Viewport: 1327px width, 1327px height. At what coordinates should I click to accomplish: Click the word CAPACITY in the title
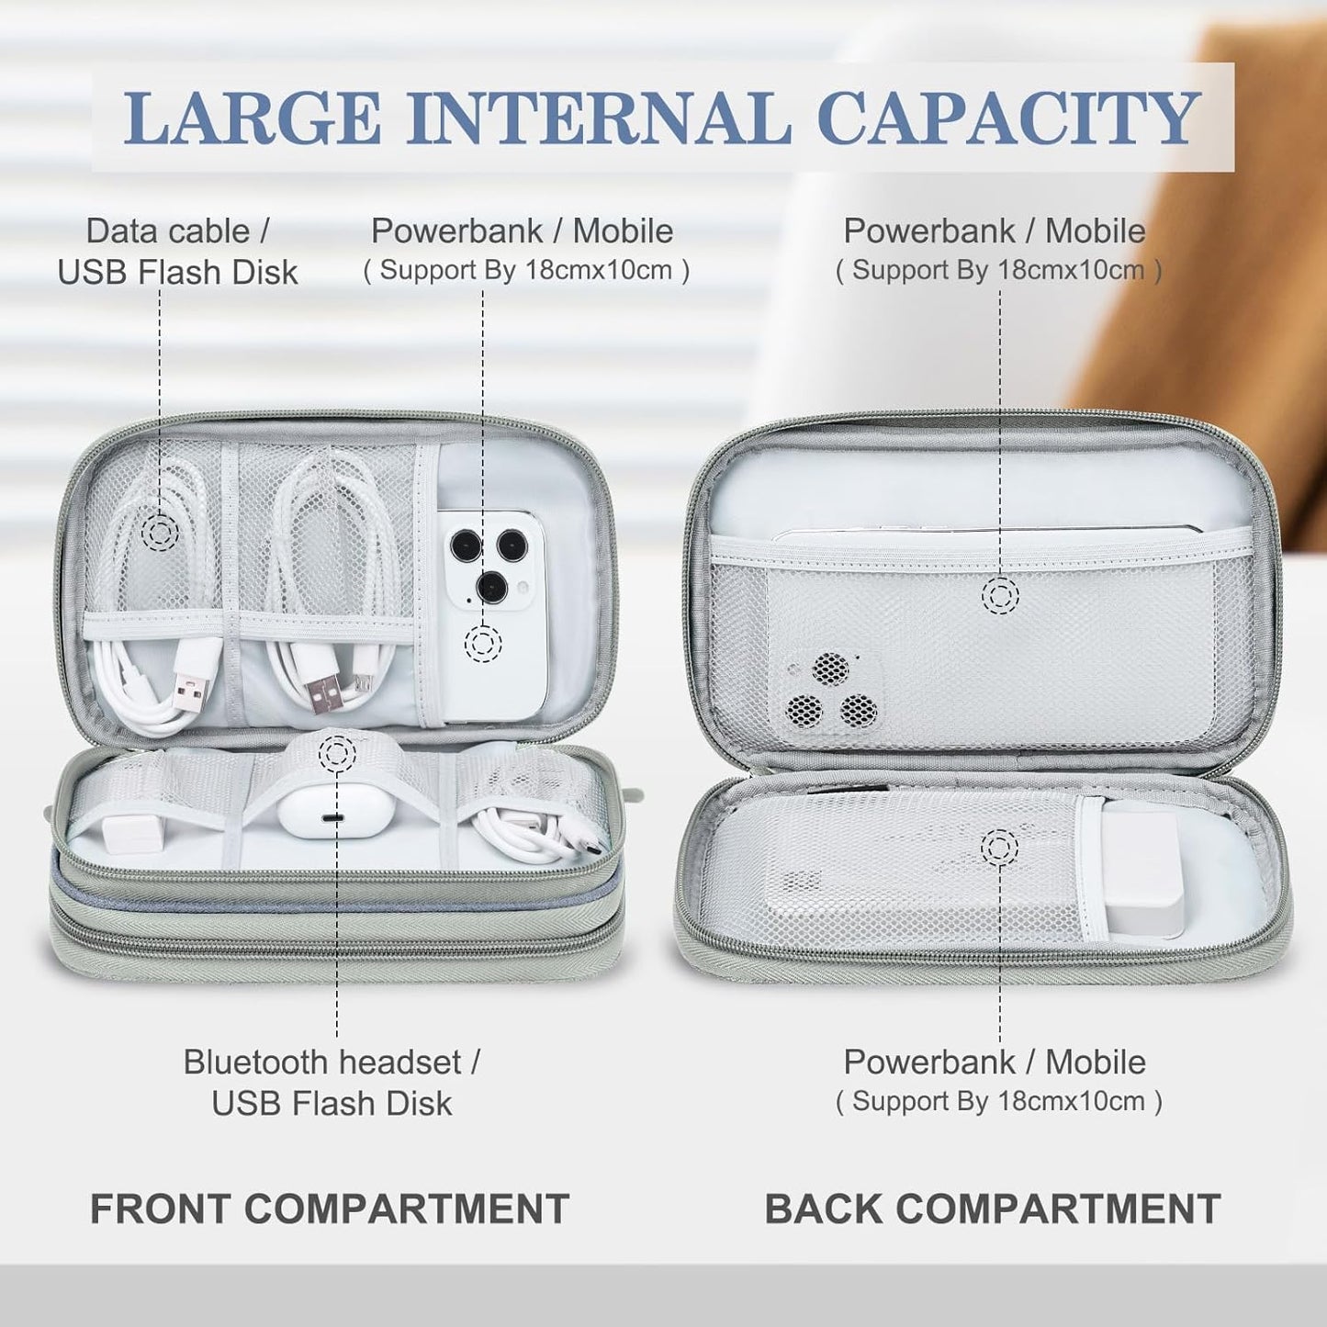[1007, 118]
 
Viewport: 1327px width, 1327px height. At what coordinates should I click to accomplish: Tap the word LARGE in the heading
[253, 118]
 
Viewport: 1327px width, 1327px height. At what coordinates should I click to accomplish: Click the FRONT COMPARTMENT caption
[329, 1209]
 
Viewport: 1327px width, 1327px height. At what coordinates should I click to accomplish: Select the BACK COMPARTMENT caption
[993, 1209]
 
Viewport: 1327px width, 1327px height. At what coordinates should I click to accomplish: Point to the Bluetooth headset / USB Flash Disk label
[331, 1082]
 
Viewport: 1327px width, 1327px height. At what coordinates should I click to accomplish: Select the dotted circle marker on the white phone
[483, 643]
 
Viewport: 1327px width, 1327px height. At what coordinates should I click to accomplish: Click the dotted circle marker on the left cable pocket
[162, 531]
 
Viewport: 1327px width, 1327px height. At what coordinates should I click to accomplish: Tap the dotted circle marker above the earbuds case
[337, 754]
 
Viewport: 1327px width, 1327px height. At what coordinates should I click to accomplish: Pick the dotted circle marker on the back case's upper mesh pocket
[1000, 596]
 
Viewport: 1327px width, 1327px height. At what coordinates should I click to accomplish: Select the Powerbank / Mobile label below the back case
[995, 1063]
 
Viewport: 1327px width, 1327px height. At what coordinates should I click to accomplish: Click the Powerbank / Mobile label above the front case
[522, 231]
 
